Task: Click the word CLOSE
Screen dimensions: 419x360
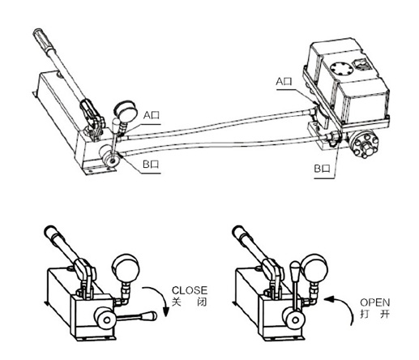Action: click(190, 290)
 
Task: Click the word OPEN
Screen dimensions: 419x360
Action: click(375, 302)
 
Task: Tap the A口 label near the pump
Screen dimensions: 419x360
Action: click(152, 115)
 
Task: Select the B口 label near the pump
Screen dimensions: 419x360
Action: click(151, 164)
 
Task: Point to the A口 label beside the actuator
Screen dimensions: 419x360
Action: click(284, 81)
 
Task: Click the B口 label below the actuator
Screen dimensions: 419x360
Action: click(323, 169)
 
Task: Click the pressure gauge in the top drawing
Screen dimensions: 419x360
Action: click(126, 110)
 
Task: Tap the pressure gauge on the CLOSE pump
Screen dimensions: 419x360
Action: click(126, 268)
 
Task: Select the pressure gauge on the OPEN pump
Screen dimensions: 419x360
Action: click(314, 268)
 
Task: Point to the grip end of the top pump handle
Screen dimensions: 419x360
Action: click(39, 33)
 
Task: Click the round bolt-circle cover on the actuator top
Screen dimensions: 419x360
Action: click(342, 69)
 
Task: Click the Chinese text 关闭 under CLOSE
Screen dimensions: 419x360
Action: click(190, 302)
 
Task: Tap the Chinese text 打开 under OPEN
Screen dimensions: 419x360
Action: click(375, 314)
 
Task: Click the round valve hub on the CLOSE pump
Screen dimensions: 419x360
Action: click(105, 319)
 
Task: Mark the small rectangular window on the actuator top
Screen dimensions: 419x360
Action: click(361, 65)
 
